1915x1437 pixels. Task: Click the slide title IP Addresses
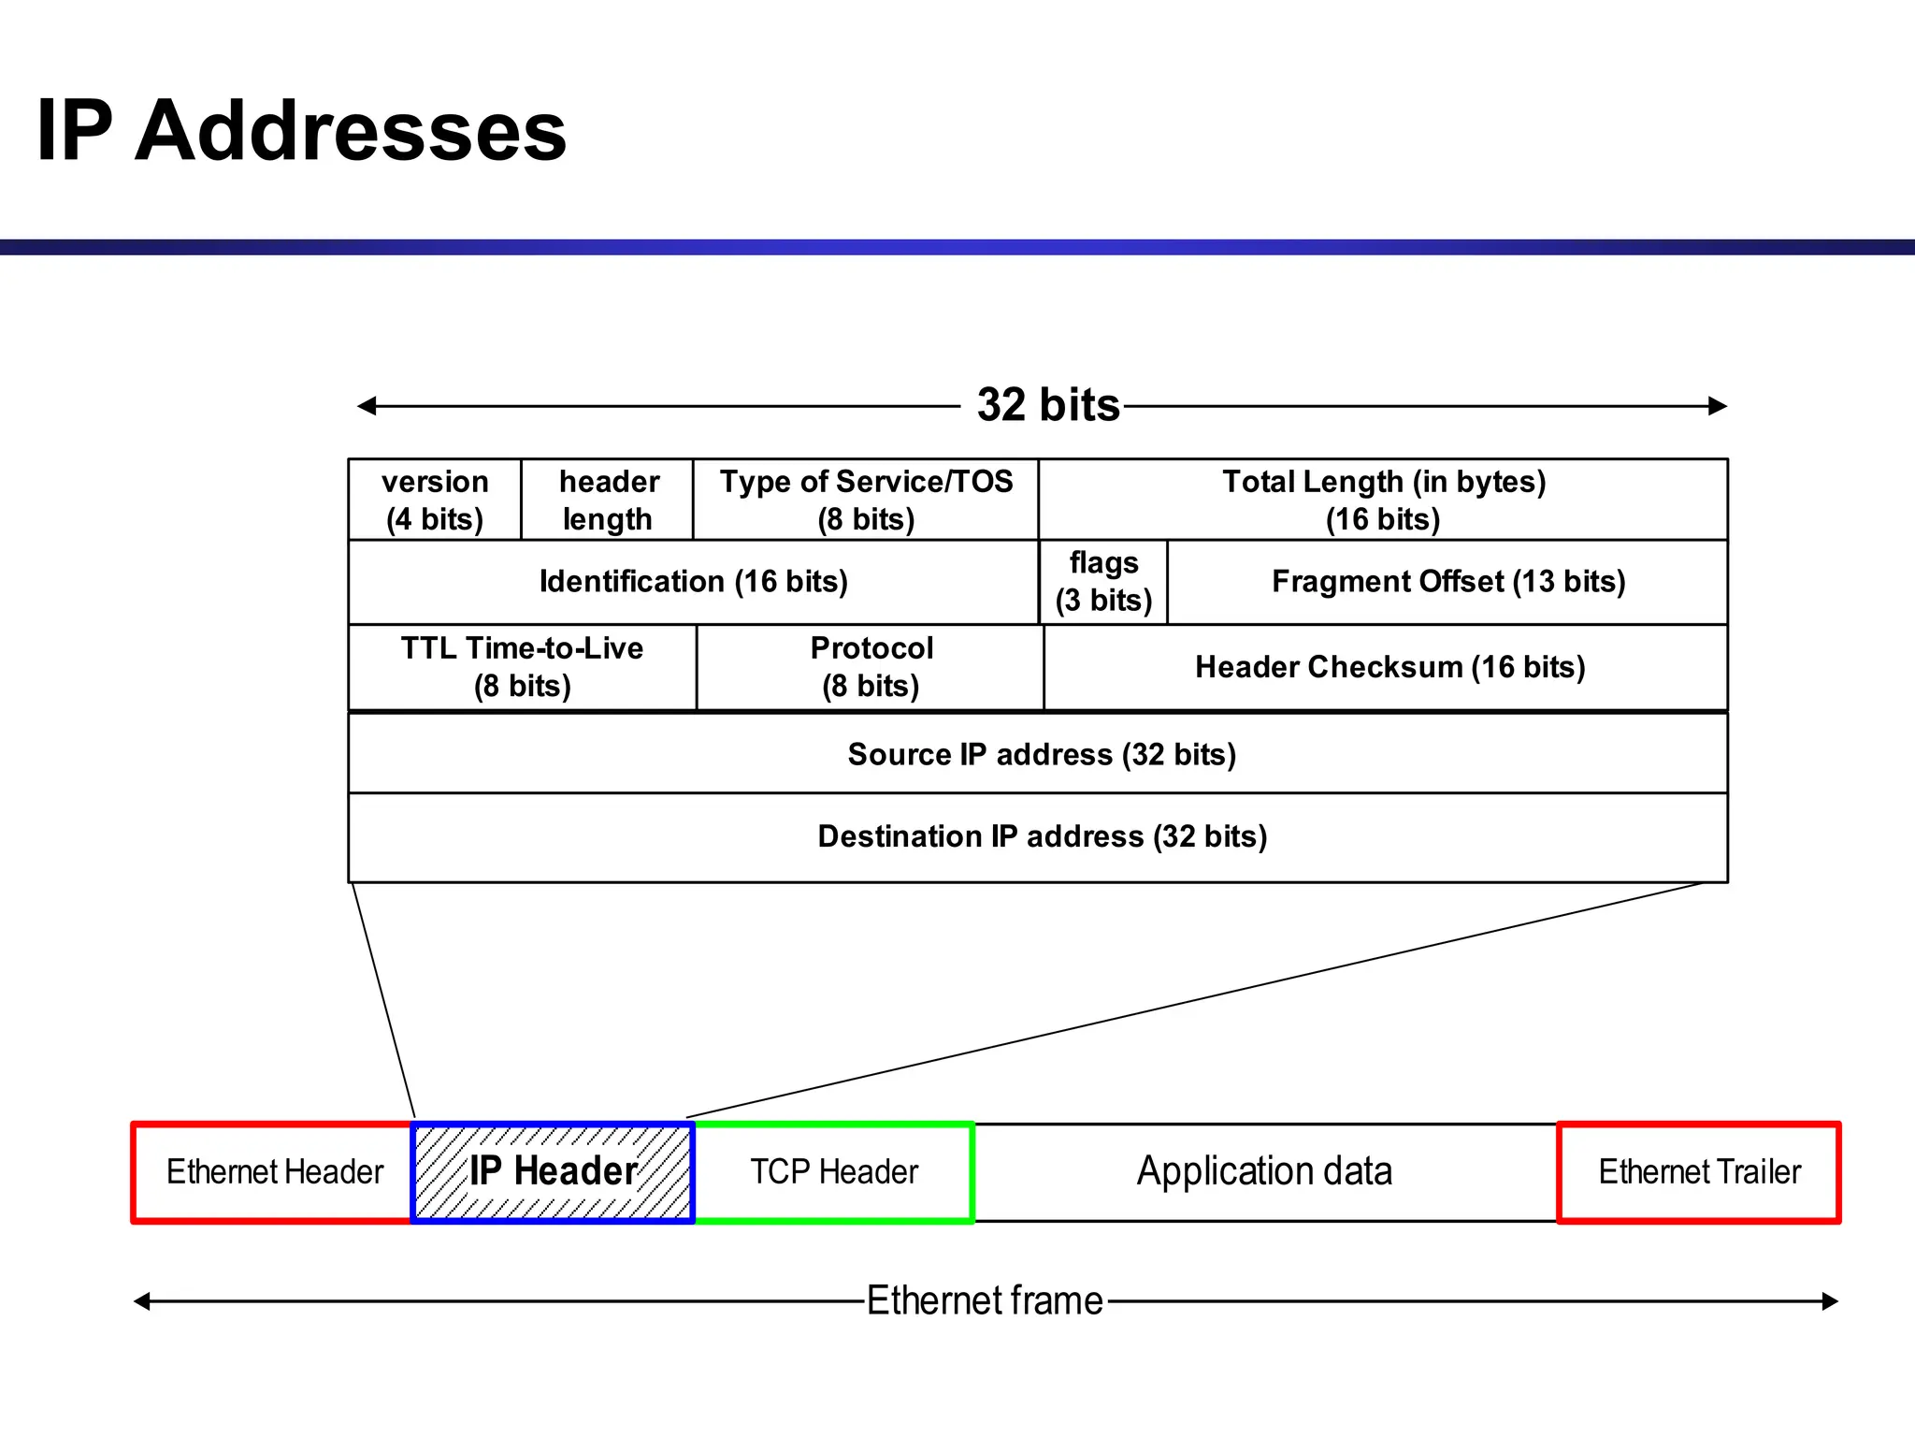[x=301, y=131]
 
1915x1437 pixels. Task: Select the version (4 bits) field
[x=435, y=501]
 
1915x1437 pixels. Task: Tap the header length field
[x=608, y=501]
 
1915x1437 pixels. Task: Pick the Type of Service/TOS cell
[x=866, y=501]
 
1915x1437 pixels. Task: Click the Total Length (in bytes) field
[x=1383, y=501]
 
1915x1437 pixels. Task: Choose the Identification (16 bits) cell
[x=693, y=582]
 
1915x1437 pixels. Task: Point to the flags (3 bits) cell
[x=1103, y=582]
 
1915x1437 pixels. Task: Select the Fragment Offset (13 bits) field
[x=1447, y=582]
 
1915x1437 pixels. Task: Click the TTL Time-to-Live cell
[x=522, y=667]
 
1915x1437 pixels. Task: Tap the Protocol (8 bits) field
[x=871, y=667]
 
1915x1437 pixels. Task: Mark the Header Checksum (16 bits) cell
[x=1389, y=667]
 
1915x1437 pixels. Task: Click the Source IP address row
[x=1041, y=754]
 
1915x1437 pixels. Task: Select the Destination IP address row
[x=1041, y=836]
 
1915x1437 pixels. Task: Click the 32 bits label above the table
[x=1047, y=405]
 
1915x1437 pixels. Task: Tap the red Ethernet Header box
[x=274, y=1172]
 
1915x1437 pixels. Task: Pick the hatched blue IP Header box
[x=553, y=1172]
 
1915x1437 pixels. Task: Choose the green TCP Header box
[x=834, y=1172]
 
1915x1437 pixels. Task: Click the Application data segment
[x=1264, y=1172]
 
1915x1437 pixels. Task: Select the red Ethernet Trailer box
[x=1698, y=1172]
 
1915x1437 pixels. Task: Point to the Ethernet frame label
[x=984, y=1300]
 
